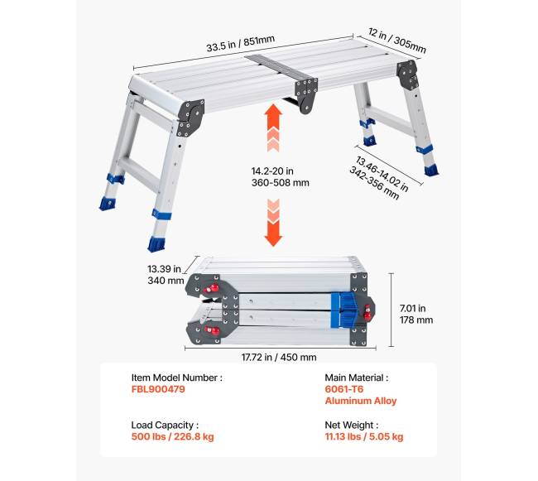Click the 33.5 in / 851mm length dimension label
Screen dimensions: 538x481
coord(240,43)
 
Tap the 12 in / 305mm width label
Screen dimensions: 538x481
coord(397,41)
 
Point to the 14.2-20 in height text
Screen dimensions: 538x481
coord(272,171)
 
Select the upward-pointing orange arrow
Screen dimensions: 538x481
coord(273,127)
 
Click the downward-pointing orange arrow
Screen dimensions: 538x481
coord(273,223)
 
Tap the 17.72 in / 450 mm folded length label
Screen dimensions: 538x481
coord(279,357)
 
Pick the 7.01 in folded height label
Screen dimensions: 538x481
coord(412,309)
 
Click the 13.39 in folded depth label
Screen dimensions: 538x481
coord(164,269)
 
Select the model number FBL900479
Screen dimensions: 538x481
coord(158,389)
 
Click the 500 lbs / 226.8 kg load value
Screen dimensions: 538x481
coord(173,436)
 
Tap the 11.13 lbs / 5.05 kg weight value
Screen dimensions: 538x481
coord(364,436)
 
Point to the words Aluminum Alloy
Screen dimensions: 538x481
coord(361,401)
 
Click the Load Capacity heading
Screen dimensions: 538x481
coord(165,425)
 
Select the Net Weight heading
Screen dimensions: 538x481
coord(351,425)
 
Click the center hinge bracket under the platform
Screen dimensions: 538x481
coord(305,95)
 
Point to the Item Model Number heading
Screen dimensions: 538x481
coord(176,378)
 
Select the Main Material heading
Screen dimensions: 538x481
coord(357,378)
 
